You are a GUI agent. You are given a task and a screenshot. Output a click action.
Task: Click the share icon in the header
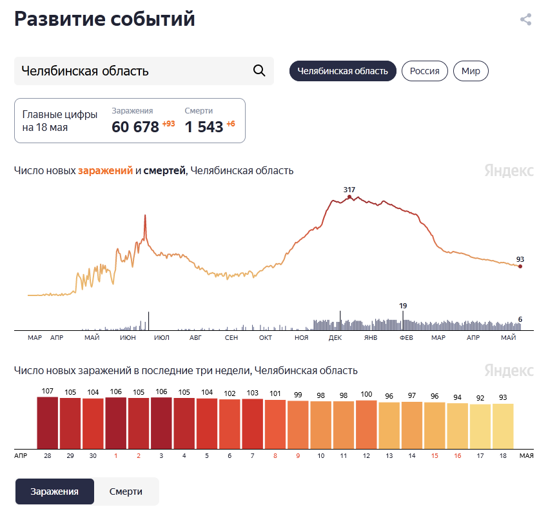525,19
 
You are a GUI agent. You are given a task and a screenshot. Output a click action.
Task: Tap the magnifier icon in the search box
259,70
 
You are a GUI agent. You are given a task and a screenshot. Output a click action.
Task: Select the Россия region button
425,71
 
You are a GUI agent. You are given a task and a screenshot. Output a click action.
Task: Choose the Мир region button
471,71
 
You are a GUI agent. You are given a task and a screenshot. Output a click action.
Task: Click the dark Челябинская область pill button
342,71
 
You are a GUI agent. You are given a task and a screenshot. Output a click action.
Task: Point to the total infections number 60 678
135,126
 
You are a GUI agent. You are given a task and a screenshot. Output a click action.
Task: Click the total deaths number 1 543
204,126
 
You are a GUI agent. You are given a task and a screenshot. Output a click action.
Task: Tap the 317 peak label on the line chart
349,190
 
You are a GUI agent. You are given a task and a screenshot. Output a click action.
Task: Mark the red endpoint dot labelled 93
520,266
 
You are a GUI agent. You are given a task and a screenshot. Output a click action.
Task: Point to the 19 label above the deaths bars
403,306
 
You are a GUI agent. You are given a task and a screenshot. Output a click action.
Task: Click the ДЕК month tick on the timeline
335,337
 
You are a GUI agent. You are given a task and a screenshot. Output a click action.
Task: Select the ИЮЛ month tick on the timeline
162,337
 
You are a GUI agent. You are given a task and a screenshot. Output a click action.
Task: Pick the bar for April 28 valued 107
47,422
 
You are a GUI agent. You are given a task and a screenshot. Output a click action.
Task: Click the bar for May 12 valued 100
366,424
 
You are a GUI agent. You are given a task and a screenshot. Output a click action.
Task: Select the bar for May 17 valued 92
479,426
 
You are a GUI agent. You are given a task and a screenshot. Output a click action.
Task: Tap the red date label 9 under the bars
298,455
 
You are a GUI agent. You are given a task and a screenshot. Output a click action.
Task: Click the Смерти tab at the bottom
126,491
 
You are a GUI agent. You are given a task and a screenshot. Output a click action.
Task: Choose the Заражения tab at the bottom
55,491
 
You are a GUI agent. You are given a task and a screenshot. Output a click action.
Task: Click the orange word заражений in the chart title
105,170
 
